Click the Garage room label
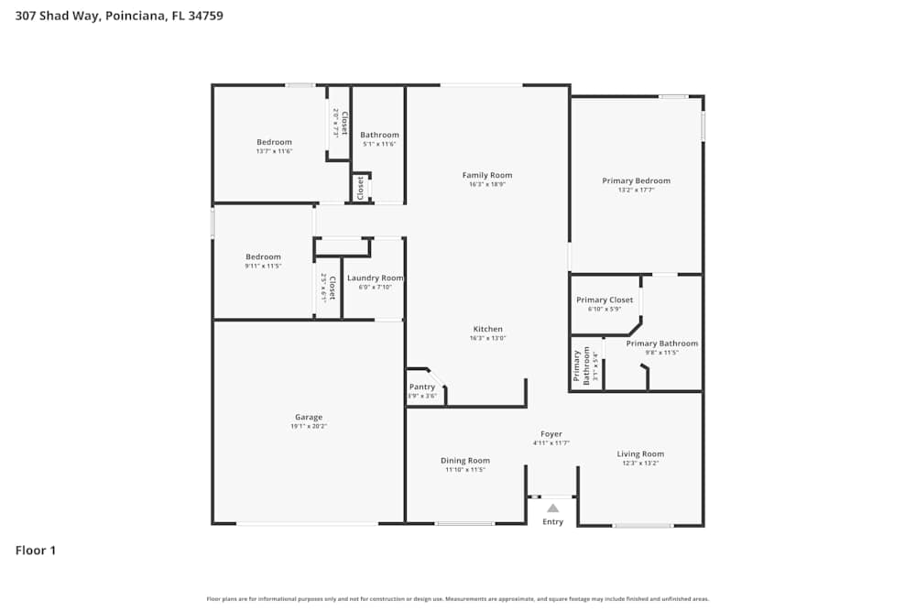tap(309, 417)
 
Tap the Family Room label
tap(487, 175)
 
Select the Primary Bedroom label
tap(636, 180)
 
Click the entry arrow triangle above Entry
tap(552, 507)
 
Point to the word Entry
tap(553, 522)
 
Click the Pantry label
tap(422, 387)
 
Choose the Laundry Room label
tap(375, 278)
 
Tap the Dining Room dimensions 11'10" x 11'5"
tap(465, 470)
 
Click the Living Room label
tap(640, 453)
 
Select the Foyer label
tap(551, 434)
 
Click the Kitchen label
tap(487, 329)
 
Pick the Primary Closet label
tap(605, 300)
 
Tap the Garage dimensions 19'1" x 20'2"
tap(309, 426)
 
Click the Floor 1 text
tap(36, 551)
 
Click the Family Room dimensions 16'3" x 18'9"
tap(487, 184)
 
